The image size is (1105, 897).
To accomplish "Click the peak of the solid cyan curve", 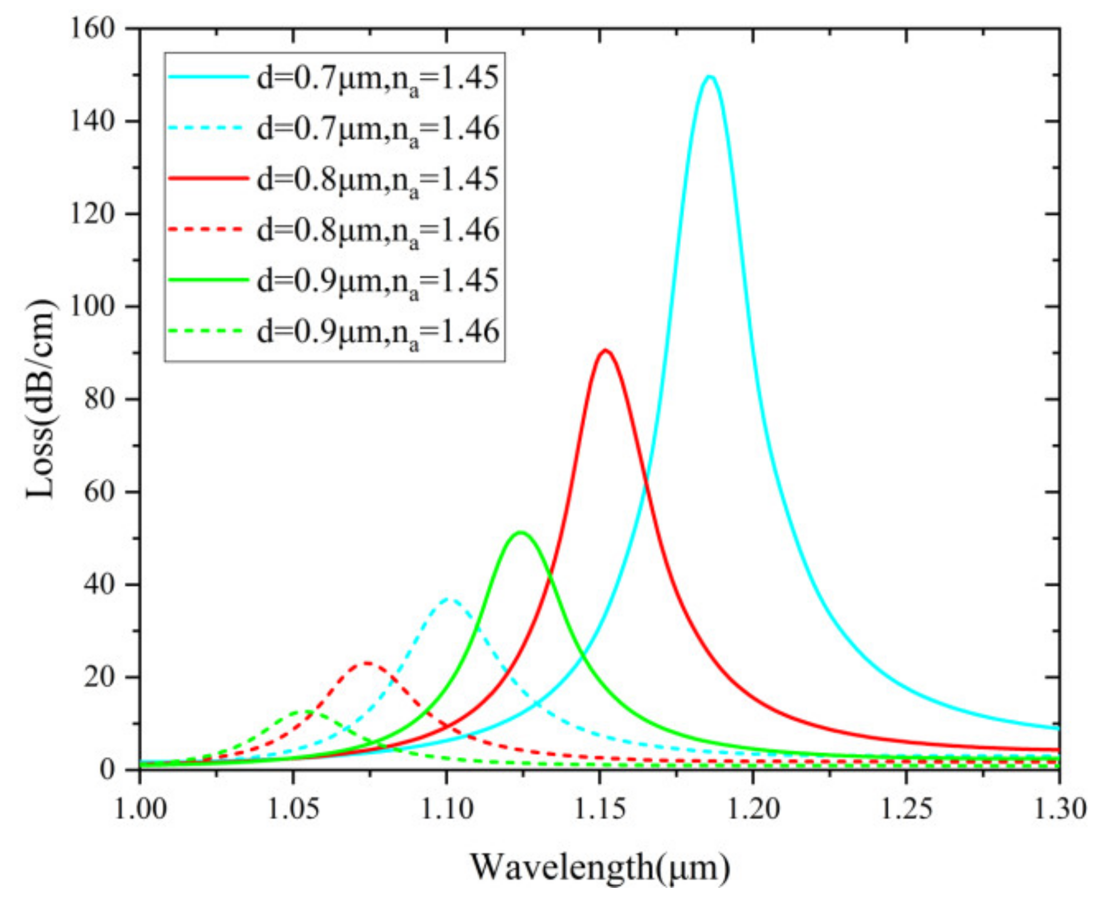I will click(x=710, y=77).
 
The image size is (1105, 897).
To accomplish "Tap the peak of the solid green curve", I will click(x=521, y=532).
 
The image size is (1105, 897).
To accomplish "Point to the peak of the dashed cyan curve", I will click(x=449, y=600).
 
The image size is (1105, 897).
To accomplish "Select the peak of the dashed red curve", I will click(x=367, y=663).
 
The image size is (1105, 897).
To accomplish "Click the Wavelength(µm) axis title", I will click(x=599, y=867).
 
